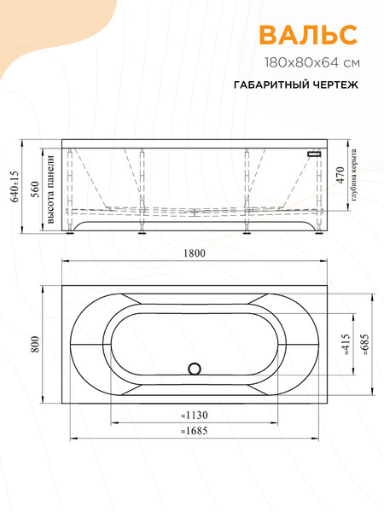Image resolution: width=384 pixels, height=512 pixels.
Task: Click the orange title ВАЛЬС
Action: tap(307, 35)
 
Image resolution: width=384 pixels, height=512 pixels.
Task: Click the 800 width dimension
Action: tap(36, 343)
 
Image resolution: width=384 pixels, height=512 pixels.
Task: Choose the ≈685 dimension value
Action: tap(365, 346)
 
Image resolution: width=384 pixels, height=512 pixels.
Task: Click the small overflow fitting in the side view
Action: tap(315, 154)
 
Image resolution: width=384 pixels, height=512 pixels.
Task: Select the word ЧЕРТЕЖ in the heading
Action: tap(331, 86)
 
